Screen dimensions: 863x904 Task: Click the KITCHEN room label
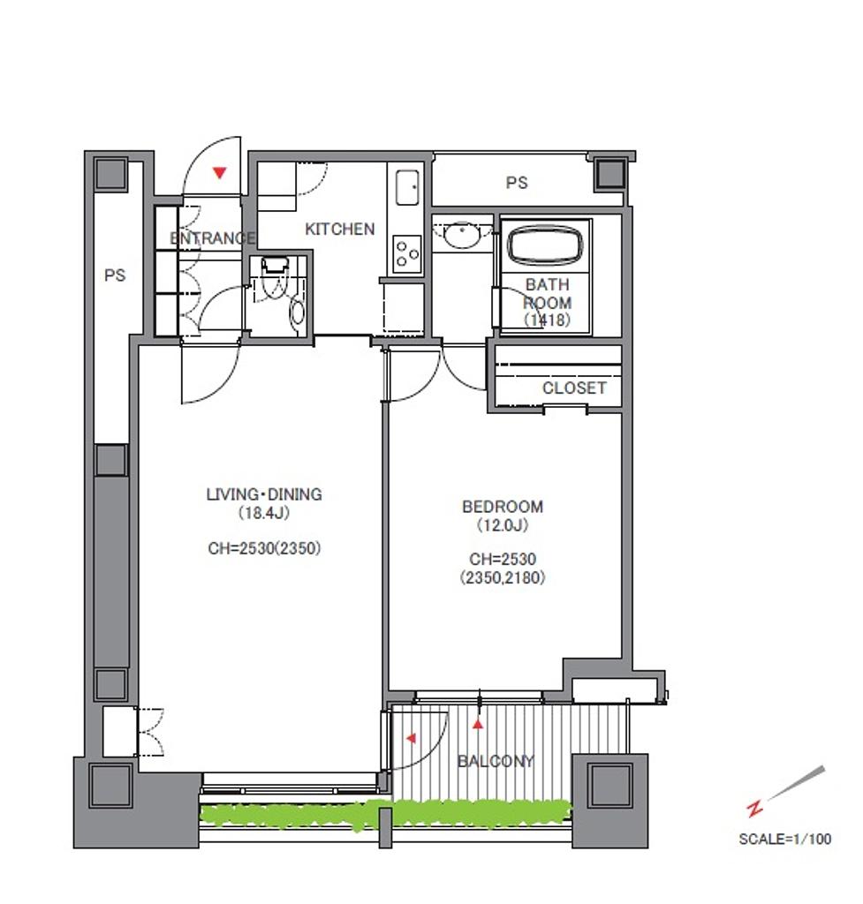pyautogui.click(x=340, y=229)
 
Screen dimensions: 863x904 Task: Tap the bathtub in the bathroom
pyautogui.click(x=545, y=245)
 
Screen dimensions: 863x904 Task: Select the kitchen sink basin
pyautogui.click(x=407, y=188)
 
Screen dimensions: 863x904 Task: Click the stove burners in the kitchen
pyautogui.click(x=406, y=253)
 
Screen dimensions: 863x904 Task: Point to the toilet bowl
pyautogui.click(x=297, y=312)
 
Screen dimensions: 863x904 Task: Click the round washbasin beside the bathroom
pyautogui.click(x=462, y=235)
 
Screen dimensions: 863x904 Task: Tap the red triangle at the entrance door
pyautogui.click(x=219, y=172)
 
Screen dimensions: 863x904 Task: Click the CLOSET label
pyautogui.click(x=574, y=388)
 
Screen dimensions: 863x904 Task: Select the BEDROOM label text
pyautogui.click(x=503, y=507)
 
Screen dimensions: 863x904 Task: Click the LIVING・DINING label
pyautogui.click(x=264, y=494)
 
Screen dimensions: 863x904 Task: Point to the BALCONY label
pyautogui.click(x=496, y=761)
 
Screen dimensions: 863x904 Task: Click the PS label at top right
pyautogui.click(x=517, y=183)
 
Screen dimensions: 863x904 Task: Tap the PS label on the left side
pyautogui.click(x=115, y=275)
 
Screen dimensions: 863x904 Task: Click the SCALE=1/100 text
pyautogui.click(x=784, y=839)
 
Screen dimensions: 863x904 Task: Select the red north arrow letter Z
pyautogui.click(x=754, y=809)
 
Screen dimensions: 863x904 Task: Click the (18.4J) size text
pyautogui.click(x=263, y=513)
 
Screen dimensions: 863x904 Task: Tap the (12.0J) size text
pyautogui.click(x=503, y=525)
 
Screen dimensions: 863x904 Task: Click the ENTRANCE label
pyautogui.click(x=212, y=237)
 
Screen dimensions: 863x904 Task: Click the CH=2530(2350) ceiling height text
pyautogui.click(x=264, y=547)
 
